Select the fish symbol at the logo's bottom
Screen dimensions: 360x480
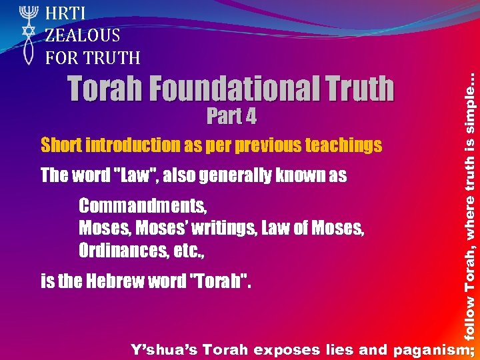point(27,53)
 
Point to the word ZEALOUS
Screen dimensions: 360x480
point(83,35)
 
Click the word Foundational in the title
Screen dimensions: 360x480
point(231,89)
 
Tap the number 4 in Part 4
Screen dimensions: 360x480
point(249,117)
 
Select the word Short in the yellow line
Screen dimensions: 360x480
point(59,145)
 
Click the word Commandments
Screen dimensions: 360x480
point(143,205)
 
